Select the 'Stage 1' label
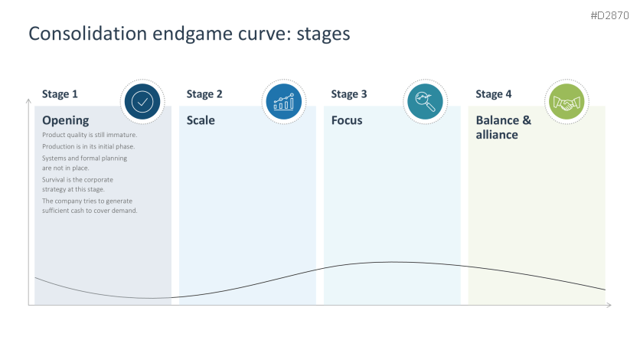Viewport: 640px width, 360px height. [x=60, y=94]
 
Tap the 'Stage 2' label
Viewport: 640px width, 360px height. [x=204, y=94]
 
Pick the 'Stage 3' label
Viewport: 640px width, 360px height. [x=349, y=94]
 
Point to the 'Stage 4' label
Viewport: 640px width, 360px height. [x=494, y=94]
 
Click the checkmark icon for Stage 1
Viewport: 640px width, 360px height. [x=142, y=102]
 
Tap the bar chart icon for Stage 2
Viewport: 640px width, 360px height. [x=282, y=102]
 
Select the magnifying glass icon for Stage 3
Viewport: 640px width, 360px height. [x=424, y=102]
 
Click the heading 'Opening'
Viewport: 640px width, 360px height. [x=66, y=120]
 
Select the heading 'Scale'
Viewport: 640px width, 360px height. [x=201, y=120]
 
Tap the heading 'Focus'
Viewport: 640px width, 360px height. [x=347, y=120]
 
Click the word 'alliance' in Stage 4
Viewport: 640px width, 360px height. [x=497, y=135]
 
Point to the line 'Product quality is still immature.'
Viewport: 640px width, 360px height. [x=90, y=136]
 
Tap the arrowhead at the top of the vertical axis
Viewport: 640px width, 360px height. [x=28, y=99]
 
